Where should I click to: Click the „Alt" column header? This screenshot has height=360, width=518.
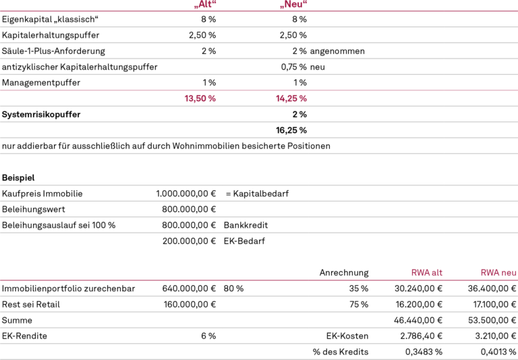click(205, 4)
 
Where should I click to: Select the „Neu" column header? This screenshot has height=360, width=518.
click(293, 4)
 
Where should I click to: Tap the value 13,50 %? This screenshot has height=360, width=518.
click(200, 98)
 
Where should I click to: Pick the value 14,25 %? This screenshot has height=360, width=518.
click(291, 98)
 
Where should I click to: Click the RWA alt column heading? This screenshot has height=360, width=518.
click(427, 273)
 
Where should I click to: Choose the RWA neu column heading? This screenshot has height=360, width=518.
click(498, 273)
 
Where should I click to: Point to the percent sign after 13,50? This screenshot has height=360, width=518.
click(212, 98)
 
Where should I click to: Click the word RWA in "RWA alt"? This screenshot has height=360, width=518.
click(420, 273)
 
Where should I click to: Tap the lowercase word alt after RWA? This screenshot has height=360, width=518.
click(437, 273)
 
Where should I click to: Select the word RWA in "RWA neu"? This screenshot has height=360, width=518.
click(490, 273)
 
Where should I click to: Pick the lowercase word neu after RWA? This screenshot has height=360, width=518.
click(509, 273)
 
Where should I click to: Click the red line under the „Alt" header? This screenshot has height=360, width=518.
click(205, 11)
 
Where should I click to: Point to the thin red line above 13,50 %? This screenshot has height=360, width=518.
click(200, 90)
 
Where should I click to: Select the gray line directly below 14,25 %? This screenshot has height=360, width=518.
click(291, 106)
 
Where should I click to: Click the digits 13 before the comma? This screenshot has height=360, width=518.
click(189, 98)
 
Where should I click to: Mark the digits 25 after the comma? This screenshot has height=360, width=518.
click(293, 98)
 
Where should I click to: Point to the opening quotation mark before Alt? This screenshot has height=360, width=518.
click(196, 6)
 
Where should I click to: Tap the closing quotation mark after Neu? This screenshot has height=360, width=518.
click(306, 2)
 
